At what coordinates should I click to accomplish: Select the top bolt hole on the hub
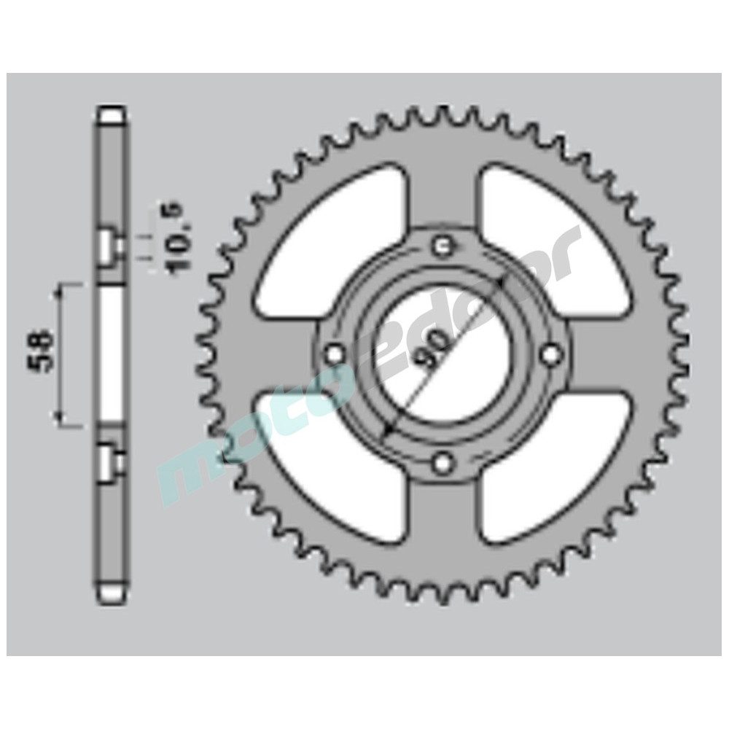click(x=442, y=246)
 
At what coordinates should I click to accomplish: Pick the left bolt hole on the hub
click(x=335, y=354)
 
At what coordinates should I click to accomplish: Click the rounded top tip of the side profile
click(x=112, y=115)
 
